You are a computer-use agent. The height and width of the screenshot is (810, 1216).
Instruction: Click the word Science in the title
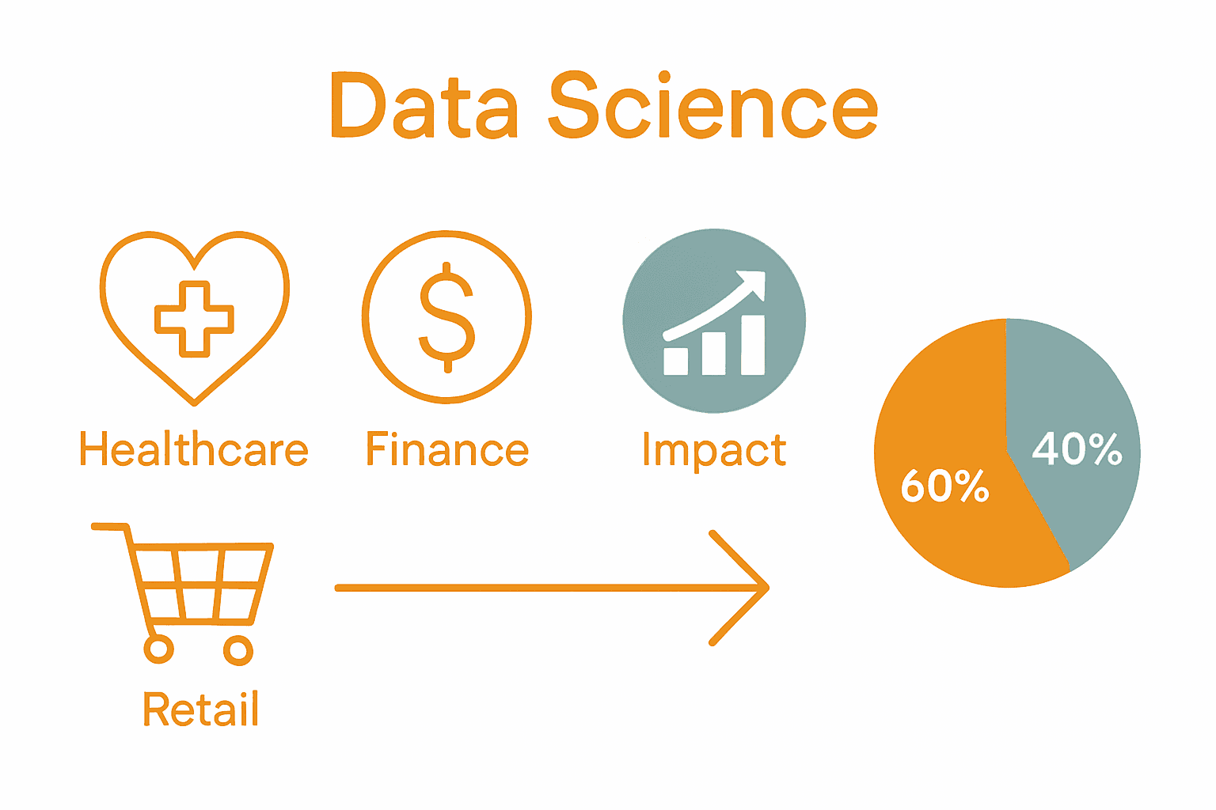[713, 107]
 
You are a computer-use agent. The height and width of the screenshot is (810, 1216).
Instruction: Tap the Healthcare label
[194, 449]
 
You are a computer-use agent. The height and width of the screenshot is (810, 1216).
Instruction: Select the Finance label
[447, 449]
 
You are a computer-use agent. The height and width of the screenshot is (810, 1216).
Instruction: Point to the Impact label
[714, 451]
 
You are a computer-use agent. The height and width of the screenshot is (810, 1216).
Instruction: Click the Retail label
[201, 709]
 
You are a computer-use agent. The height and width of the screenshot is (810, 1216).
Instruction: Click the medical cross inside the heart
[194, 319]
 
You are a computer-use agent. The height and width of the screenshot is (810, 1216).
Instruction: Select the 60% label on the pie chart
[944, 486]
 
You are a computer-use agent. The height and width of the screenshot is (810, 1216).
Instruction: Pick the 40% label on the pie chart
[1077, 449]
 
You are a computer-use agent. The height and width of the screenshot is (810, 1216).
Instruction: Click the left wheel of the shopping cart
[159, 649]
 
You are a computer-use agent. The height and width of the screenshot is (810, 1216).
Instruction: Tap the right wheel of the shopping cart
[237, 650]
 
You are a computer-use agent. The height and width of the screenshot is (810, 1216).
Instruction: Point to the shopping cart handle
[109, 527]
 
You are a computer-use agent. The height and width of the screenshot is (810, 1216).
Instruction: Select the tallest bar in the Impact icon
[753, 345]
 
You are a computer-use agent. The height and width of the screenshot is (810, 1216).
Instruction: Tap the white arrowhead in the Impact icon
[754, 283]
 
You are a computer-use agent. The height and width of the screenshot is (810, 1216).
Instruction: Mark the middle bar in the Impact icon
[713, 353]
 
